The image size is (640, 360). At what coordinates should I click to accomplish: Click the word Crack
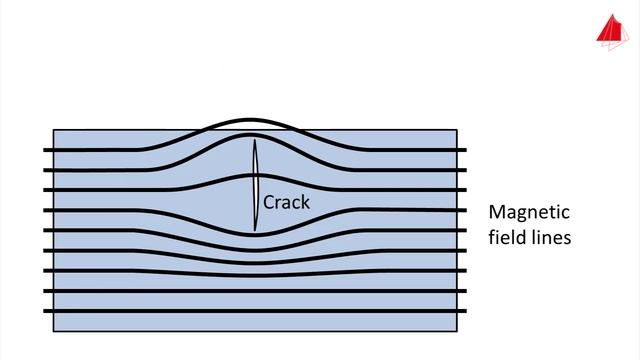(x=286, y=202)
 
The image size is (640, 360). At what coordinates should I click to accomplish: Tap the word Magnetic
(x=528, y=213)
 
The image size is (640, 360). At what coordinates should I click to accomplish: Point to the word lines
(x=549, y=239)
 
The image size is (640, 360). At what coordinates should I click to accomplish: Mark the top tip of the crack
(x=255, y=138)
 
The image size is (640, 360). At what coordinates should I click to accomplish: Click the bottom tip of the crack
(x=255, y=232)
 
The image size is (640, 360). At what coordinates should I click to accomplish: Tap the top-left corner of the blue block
(x=52, y=129)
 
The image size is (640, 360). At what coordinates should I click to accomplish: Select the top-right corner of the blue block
(x=457, y=129)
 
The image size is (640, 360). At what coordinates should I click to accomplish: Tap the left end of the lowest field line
(x=44, y=310)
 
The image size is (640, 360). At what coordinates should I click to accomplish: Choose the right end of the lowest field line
(x=466, y=310)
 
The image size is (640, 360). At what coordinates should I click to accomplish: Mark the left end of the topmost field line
(x=44, y=151)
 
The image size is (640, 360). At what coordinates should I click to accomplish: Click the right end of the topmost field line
(x=466, y=151)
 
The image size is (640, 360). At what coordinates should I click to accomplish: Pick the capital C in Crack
(x=269, y=202)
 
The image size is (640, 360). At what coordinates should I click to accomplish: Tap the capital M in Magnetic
(x=497, y=213)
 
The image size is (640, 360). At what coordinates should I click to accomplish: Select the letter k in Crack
(x=305, y=202)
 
